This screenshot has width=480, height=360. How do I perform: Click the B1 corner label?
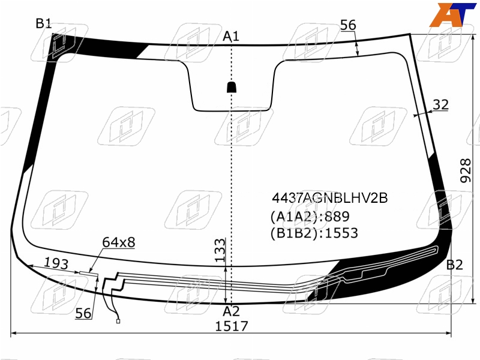(43, 23)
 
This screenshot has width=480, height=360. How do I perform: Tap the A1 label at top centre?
(231, 36)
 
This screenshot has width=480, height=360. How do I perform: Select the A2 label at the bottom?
(231, 311)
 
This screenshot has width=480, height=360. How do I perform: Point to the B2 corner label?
(455, 265)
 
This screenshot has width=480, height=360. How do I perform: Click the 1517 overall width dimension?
(232, 326)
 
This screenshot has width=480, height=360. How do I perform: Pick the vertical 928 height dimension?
(466, 170)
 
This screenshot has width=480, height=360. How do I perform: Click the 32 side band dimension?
(441, 104)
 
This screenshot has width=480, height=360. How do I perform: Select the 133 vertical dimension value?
(220, 250)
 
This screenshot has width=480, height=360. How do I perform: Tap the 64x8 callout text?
(118, 242)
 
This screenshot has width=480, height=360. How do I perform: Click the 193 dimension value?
(56, 263)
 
